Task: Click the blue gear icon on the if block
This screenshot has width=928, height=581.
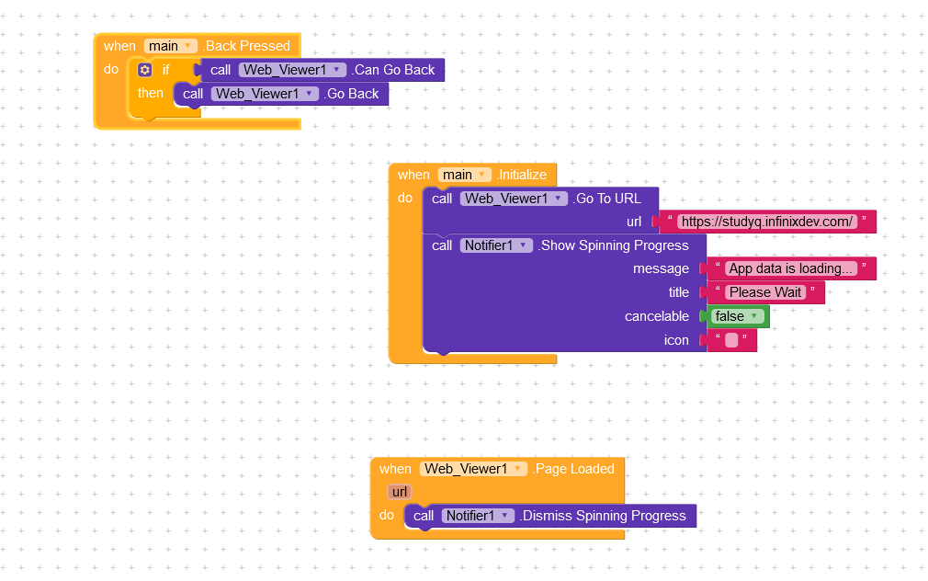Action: [x=144, y=70]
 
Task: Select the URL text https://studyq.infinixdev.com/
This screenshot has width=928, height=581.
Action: [x=767, y=222]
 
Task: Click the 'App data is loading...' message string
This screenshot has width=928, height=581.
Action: [x=791, y=268]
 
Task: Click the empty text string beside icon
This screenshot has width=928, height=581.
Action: [x=731, y=340]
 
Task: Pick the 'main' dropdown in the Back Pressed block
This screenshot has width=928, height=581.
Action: [x=171, y=46]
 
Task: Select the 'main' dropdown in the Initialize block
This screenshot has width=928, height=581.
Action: [x=465, y=175]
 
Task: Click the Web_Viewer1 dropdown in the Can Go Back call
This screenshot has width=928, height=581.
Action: [x=291, y=70]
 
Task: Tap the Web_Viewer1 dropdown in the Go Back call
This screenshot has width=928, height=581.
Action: [x=264, y=94]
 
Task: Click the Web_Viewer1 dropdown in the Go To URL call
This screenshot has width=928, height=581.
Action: [x=513, y=199]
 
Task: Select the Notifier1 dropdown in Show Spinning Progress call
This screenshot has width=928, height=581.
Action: [x=496, y=245]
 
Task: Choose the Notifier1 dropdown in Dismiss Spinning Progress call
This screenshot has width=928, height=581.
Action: [x=478, y=516]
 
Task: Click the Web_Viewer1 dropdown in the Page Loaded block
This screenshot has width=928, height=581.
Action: [x=473, y=469]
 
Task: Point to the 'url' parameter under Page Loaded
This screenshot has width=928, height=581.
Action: [x=399, y=492]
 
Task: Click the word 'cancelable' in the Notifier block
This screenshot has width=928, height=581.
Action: [x=656, y=316]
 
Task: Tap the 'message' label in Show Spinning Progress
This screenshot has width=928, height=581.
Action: [x=661, y=268]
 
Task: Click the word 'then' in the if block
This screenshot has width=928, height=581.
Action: [x=151, y=93]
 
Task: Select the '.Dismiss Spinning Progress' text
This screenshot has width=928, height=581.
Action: [x=603, y=516]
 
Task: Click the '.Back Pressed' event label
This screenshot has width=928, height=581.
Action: [x=246, y=46]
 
